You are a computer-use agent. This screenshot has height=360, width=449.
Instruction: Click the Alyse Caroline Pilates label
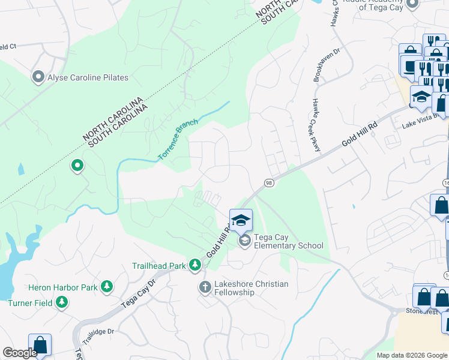(x=88, y=77)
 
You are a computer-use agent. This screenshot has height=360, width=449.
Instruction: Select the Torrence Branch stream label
(x=178, y=140)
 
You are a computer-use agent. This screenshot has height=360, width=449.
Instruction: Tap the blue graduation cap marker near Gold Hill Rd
(x=241, y=220)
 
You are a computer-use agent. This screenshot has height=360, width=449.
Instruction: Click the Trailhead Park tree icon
(x=195, y=265)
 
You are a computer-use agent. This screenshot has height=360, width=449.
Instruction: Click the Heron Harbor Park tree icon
(x=107, y=287)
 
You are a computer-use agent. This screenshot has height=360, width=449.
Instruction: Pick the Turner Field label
(x=30, y=303)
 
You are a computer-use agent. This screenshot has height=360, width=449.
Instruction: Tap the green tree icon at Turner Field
(x=61, y=303)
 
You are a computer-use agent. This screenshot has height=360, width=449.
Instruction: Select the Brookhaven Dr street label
(x=318, y=65)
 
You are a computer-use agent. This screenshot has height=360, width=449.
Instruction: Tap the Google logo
(x=20, y=353)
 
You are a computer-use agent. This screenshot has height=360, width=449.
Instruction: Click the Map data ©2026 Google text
(x=412, y=355)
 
